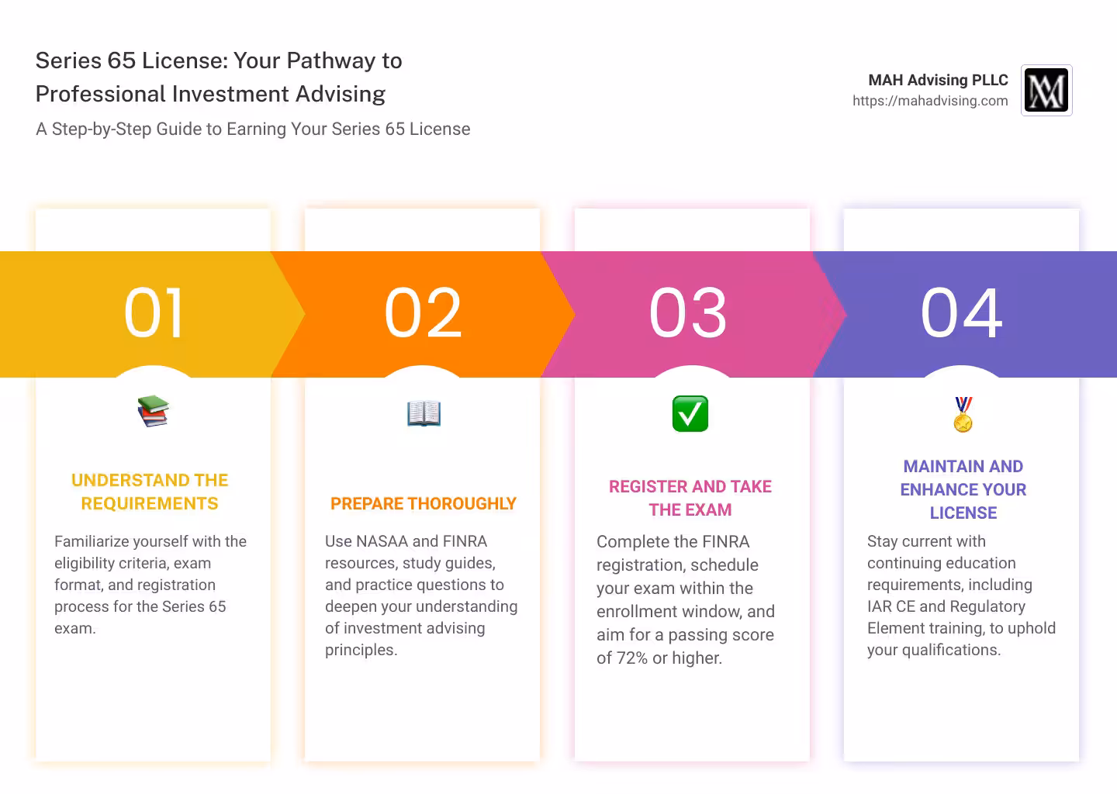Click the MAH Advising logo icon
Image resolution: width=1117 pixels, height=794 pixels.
(1046, 90)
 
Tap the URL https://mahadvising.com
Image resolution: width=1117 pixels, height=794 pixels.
(930, 101)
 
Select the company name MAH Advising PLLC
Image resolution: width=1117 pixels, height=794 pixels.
(938, 80)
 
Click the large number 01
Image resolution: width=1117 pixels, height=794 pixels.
(153, 312)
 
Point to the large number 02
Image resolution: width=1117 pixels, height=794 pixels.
(423, 312)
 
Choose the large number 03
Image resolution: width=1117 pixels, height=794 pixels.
(687, 312)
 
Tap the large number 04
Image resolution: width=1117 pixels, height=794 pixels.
(961, 312)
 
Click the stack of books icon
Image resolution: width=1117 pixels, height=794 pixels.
(153, 411)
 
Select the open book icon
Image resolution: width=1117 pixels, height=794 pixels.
(424, 413)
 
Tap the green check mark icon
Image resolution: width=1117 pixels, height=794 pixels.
(690, 413)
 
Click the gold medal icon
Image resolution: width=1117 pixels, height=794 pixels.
(963, 414)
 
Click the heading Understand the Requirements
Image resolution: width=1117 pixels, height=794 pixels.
(150, 492)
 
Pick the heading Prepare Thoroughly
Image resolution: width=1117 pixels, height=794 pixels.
(423, 503)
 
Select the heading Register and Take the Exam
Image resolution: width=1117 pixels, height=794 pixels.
(690, 498)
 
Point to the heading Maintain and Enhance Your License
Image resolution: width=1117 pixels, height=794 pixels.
(963, 489)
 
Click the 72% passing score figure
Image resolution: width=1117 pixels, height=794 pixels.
(632, 658)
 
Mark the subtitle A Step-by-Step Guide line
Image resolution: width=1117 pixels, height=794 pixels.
(253, 129)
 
